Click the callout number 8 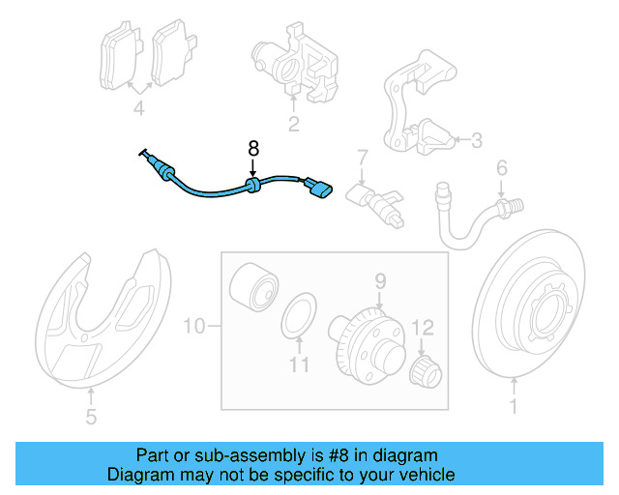pyautogui.click(x=253, y=148)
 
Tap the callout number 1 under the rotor pyautogui.click(x=513, y=407)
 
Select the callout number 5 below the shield pyautogui.click(x=91, y=418)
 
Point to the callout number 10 pyautogui.click(x=194, y=327)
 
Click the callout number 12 pyautogui.click(x=423, y=327)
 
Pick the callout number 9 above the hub pyautogui.click(x=380, y=281)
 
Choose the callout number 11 pyautogui.click(x=300, y=364)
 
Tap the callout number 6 pyautogui.click(x=501, y=169)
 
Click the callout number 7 pyautogui.click(x=362, y=157)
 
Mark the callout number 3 pyautogui.click(x=475, y=141)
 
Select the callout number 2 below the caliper pyautogui.click(x=292, y=123)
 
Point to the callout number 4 pyautogui.click(x=138, y=109)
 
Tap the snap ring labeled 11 pyautogui.click(x=299, y=316)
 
